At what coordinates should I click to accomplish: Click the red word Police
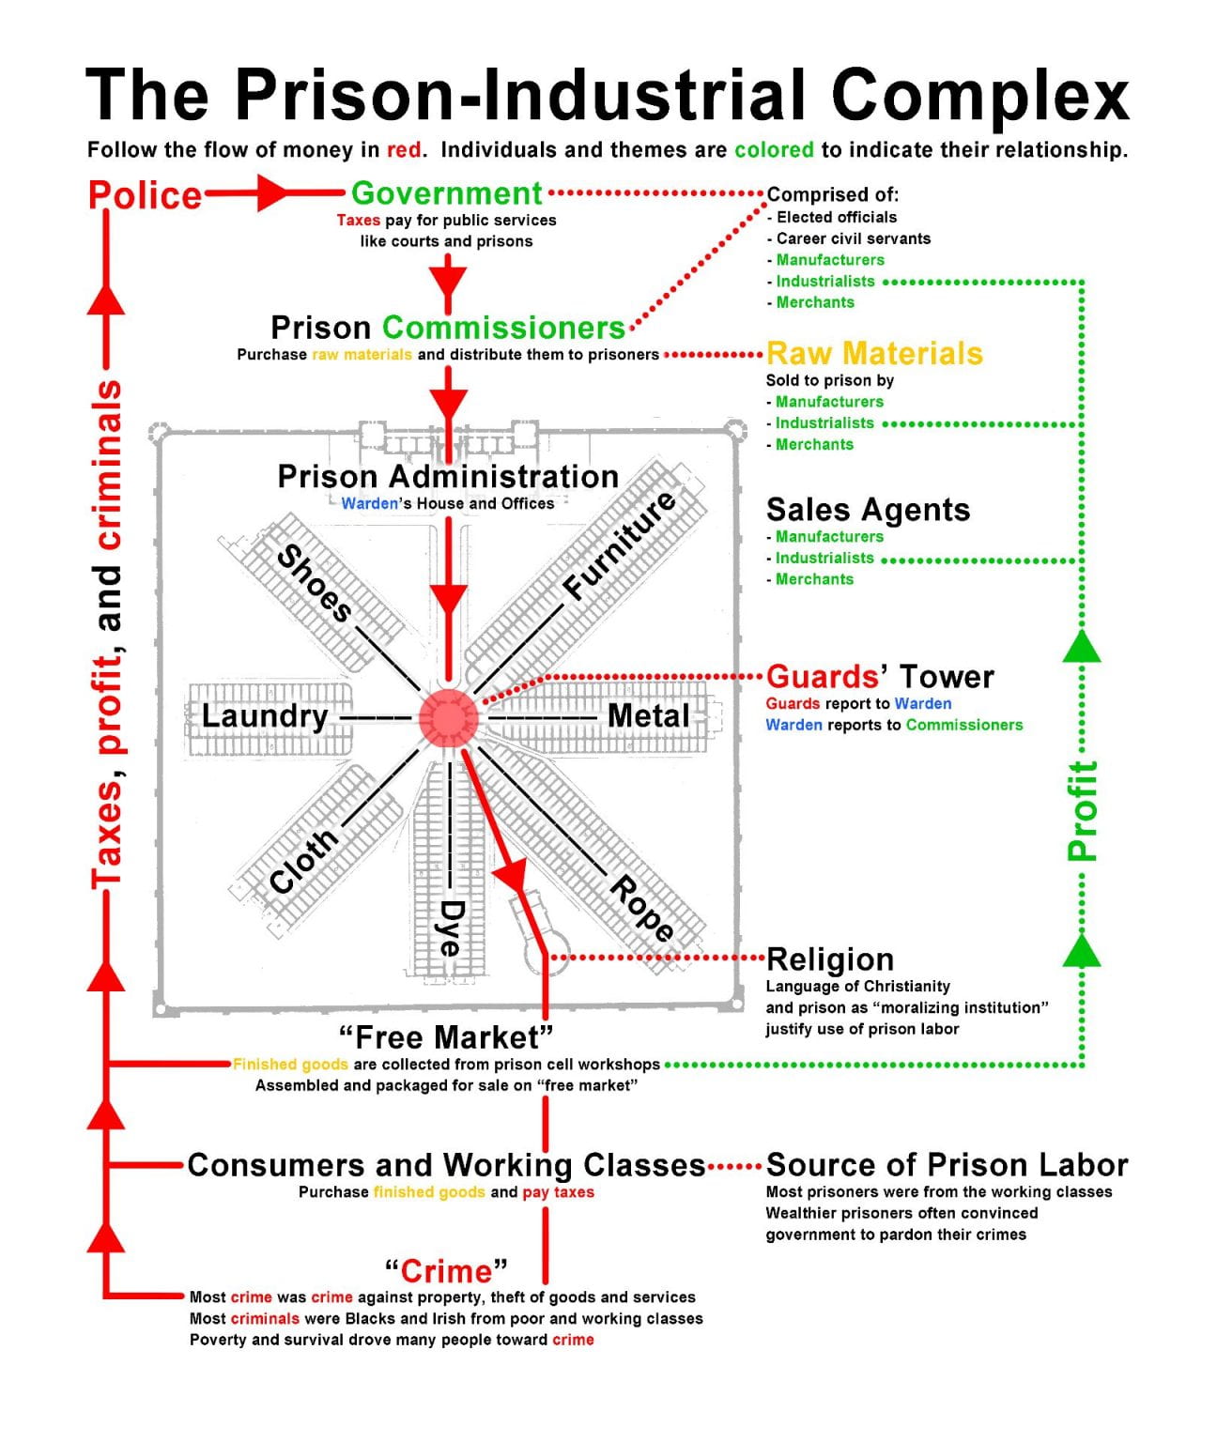[x=145, y=195]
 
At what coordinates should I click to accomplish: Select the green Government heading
[x=446, y=193]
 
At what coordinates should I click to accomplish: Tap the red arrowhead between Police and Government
[x=272, y=194]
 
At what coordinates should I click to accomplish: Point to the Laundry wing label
[x=265, y=716]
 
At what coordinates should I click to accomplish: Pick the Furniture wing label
[x=620, y=545]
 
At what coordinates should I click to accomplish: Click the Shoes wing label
[x=315, y=583]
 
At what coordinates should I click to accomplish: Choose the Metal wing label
[x=648, y=715]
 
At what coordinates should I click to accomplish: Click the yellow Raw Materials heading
[x=874, y=353]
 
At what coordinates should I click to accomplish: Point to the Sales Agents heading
[x=868, y=510]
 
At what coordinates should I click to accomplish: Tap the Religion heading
[x=830, y=959]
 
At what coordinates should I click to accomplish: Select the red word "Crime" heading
[x=446, y=1271]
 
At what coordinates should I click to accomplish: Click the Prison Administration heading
[x=448, y=476]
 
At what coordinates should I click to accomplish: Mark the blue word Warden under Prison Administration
[x=369, y=504]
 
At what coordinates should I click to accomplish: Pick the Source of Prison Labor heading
[x=947, y=1165]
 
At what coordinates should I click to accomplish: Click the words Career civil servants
[x=853, y=238]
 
